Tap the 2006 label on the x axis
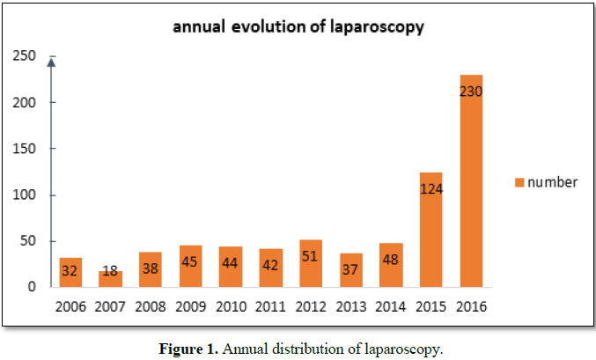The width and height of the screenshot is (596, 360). tap(70, 306)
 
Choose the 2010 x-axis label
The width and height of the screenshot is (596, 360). tap(231, 306)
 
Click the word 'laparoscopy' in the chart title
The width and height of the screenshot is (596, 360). tap(378, 26)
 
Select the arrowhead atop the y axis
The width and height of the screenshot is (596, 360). tap(52, 62)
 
